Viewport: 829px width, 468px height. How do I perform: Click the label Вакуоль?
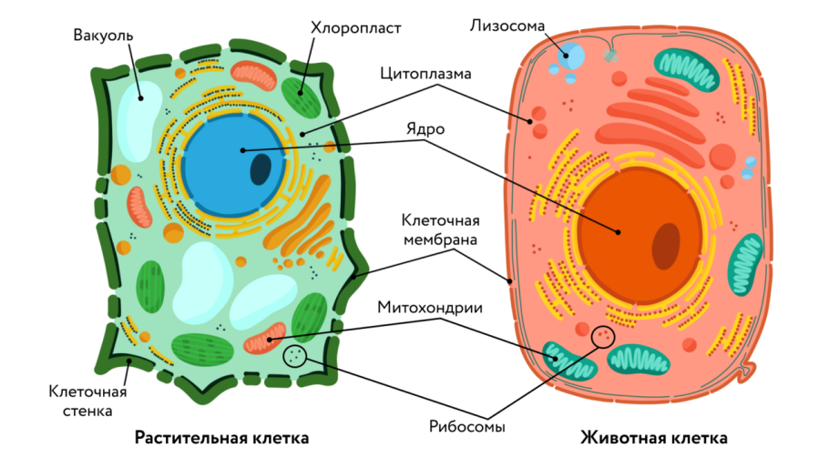click(x=103, y=36)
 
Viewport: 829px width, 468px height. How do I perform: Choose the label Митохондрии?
click(x=429, y=308)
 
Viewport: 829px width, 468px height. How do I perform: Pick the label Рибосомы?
click(x=466, y=424)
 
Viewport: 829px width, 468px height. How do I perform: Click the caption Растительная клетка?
click(x=221, y=438)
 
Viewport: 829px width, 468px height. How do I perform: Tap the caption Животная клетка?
click(x=653, y=438)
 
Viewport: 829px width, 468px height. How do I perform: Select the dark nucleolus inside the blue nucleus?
click(x=261, y=168)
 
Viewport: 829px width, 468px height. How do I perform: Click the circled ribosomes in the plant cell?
click(x=295, y=356)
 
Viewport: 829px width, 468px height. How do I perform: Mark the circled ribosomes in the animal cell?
click(x=602, y=338)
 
